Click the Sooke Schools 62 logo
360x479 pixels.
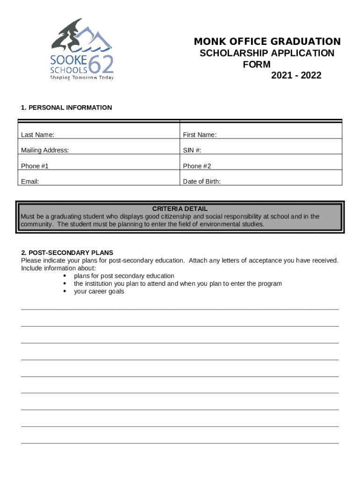click(x=82, y=49)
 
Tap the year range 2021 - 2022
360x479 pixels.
click(x=296, y=75)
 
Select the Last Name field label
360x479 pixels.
click(x=37, y=135)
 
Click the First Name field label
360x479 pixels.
click(x=200, y=135)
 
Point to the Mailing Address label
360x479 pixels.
click(x=45, y=151)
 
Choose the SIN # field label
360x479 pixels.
click(x=192, y=151)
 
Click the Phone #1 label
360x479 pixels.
click(x=35, y=166)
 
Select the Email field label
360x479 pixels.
click(x=30, y=181)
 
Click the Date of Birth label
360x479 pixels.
click(x=202, y=181)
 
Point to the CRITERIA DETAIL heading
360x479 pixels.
click(x=180, y=209)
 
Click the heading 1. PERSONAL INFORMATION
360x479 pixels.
click(x=66, y=108)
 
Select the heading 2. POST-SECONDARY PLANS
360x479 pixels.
click(x=67, y=253)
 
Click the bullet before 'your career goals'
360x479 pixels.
click(x=64, y=291)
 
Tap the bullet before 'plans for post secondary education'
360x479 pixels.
click(x=64, y=276)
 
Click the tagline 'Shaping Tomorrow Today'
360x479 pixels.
click(x=82, y=78)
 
